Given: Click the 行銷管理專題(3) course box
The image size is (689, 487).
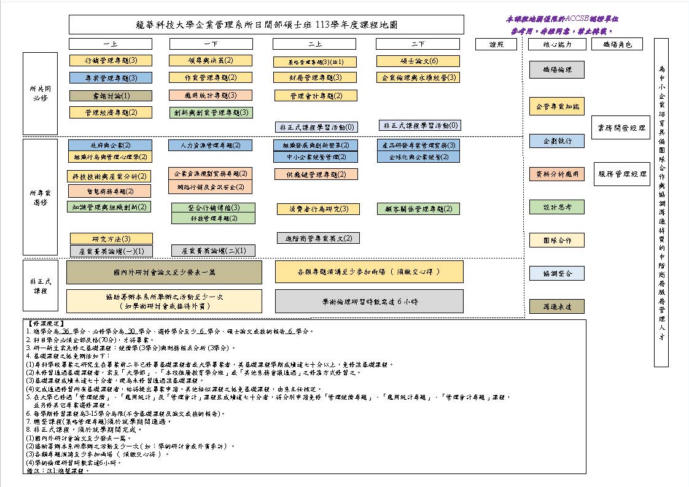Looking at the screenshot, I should point(111,60).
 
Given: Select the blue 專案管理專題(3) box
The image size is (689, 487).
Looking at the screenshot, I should point(111,78).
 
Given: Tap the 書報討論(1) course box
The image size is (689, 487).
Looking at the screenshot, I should point(111,96).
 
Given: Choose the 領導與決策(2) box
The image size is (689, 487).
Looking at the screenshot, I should point(211,60).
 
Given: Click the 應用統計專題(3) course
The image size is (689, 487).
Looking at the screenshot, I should point(211,95).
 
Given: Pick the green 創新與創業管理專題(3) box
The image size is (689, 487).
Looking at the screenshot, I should point(211,112).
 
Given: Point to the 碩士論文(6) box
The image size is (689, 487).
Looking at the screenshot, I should point(417,61).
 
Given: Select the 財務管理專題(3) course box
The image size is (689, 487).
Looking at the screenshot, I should point(316,78).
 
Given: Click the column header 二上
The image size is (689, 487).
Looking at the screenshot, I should point(316,44).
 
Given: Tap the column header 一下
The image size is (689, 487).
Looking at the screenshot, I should point(211,44).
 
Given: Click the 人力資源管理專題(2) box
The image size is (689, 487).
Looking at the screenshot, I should point(210,146).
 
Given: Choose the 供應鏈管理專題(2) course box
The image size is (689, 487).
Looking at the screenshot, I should point(316,174).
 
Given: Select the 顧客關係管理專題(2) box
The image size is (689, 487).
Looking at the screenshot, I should point(418,209).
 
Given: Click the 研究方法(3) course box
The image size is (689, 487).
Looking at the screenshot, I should point(111,238).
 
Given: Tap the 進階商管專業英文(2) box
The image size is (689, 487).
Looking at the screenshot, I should point(317,238).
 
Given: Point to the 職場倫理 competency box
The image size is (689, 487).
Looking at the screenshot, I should point(557,70).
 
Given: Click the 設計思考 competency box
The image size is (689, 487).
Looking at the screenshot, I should point(557,207).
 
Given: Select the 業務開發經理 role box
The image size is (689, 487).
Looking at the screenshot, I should point(621,128).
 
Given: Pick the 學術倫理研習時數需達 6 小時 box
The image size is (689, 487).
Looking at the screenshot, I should point(369,302).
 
